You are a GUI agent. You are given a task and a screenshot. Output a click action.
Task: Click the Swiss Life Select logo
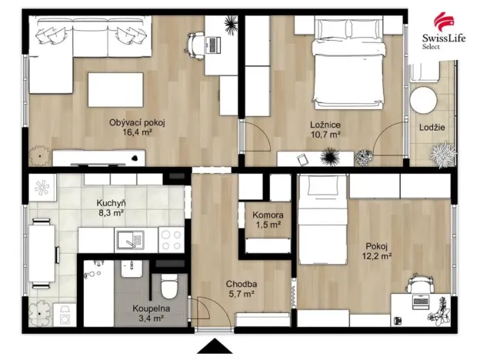pyautogui.click(x=444, y=31)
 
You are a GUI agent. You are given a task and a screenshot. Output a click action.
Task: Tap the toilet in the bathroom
pyautogui.click(x=169, y=286)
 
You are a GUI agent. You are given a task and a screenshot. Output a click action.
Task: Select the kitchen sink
pyautogui.click(x=131, y=240)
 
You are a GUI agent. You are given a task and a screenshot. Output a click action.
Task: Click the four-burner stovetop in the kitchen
pyautogui.click(x=172, y=240)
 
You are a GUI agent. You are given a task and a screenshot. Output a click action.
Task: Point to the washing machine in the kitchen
pyautogui.click(x=65, y=315)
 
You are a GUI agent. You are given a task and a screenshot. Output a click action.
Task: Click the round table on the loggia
pyautogui.click(x=423, y=101)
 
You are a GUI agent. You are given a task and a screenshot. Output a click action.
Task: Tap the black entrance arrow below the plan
pyautogui.click(x=215, y=346)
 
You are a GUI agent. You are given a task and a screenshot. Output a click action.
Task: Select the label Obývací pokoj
pyautogui.click(x=137, y=123)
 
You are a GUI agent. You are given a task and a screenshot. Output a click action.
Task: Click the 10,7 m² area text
pyautogui.click(x=325, y=134)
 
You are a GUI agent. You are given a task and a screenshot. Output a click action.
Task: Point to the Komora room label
pyautogui.click(x=268, y=215)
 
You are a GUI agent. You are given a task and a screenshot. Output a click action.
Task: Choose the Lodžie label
pyautogui.click(x=432, y=128)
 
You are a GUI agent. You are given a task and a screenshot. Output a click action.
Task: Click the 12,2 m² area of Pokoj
pyautogui.click(x=377, y=256)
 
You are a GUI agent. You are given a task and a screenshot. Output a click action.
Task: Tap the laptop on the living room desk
pyautogui.click(x=213, y=45)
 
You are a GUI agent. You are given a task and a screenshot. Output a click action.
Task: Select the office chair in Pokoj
pyautogui.click(x=420, y=284)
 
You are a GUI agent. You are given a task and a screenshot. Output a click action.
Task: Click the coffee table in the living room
pyautogui.click(x=115, y=90)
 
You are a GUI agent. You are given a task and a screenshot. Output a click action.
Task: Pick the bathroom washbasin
pyautogui.click(x=132, y=269)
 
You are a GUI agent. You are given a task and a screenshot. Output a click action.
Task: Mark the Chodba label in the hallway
pyautogui.click(x=242, y=284)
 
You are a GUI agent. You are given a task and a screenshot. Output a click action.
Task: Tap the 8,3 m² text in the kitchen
pyautogui.click(x=111, y=213)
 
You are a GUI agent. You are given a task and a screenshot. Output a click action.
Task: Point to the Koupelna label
pyautogui.click(x=151, y=309)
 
